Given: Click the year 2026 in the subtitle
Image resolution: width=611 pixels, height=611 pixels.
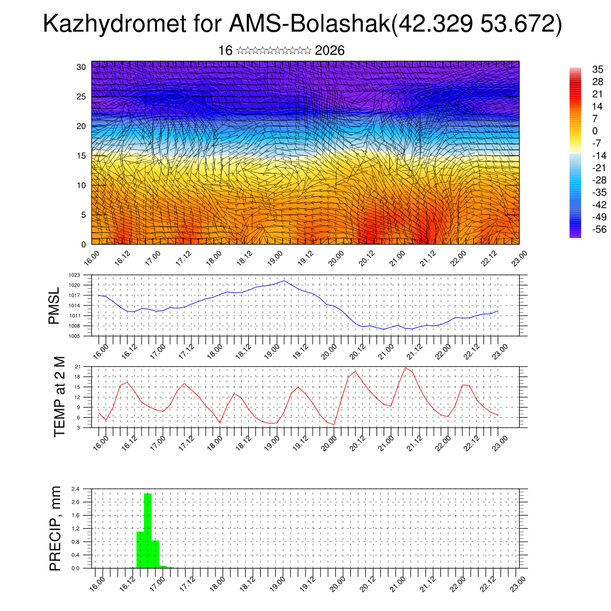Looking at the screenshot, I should [x=329, y=51].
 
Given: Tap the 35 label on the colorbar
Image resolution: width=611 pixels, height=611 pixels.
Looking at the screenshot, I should [x=581, y=69].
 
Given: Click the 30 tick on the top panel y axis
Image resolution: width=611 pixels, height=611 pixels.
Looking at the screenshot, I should [x=81, y=67].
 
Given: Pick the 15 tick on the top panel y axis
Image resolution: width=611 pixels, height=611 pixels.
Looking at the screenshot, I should [x=81, y=156].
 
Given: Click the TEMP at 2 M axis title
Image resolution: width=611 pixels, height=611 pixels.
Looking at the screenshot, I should [x=59, y=396].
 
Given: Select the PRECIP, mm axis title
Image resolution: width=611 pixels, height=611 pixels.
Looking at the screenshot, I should [x=55, y=527].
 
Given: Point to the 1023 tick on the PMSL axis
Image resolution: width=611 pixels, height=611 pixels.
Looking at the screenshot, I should [x=74, y=275].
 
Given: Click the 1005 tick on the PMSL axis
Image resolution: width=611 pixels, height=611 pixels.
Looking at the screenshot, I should [x=74, y=336].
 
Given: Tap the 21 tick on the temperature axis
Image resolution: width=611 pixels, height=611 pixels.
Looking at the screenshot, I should [x=78, y=366].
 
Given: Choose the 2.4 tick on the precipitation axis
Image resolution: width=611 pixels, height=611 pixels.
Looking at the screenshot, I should [x=76, y=489].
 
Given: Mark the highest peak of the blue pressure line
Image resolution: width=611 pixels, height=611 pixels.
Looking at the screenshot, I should [x=284, y=280].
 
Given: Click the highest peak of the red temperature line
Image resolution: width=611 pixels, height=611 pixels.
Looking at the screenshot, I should [x=406, y=368].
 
